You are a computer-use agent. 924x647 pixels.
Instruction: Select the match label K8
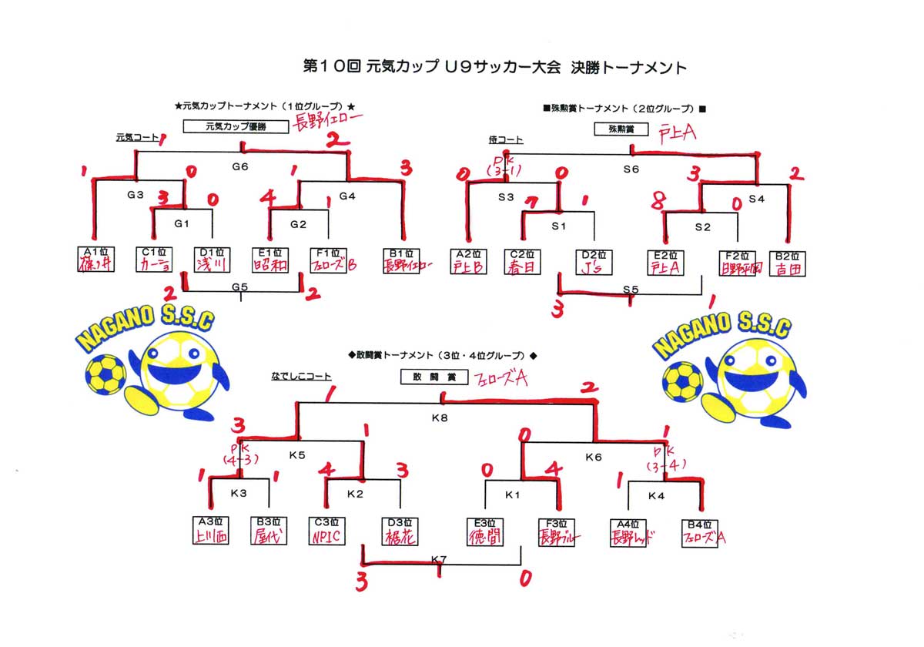tap(440, 419)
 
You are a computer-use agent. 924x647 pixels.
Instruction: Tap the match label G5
tap(240, 287)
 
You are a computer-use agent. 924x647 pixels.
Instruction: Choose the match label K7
tap(439, 558)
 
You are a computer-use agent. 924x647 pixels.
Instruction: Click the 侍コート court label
tap(505, 139)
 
